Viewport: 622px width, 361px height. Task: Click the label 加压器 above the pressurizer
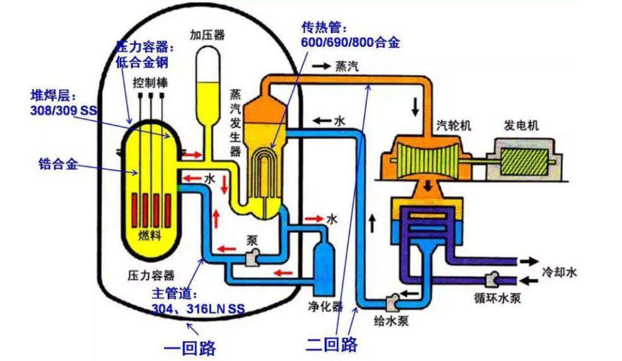pos(207,35)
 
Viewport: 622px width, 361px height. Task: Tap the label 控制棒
pos(149,83)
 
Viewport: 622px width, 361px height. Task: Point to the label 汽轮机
pos(453,125)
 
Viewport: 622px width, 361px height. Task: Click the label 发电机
pos(521,125)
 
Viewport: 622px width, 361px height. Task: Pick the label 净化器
pos(325,307)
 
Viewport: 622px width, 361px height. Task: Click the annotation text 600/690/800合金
pos(351,43)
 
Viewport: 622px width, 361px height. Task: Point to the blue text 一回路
pos(189,346)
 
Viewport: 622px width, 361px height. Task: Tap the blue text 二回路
pos(332,345)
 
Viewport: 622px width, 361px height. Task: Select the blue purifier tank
pos(325,268)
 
